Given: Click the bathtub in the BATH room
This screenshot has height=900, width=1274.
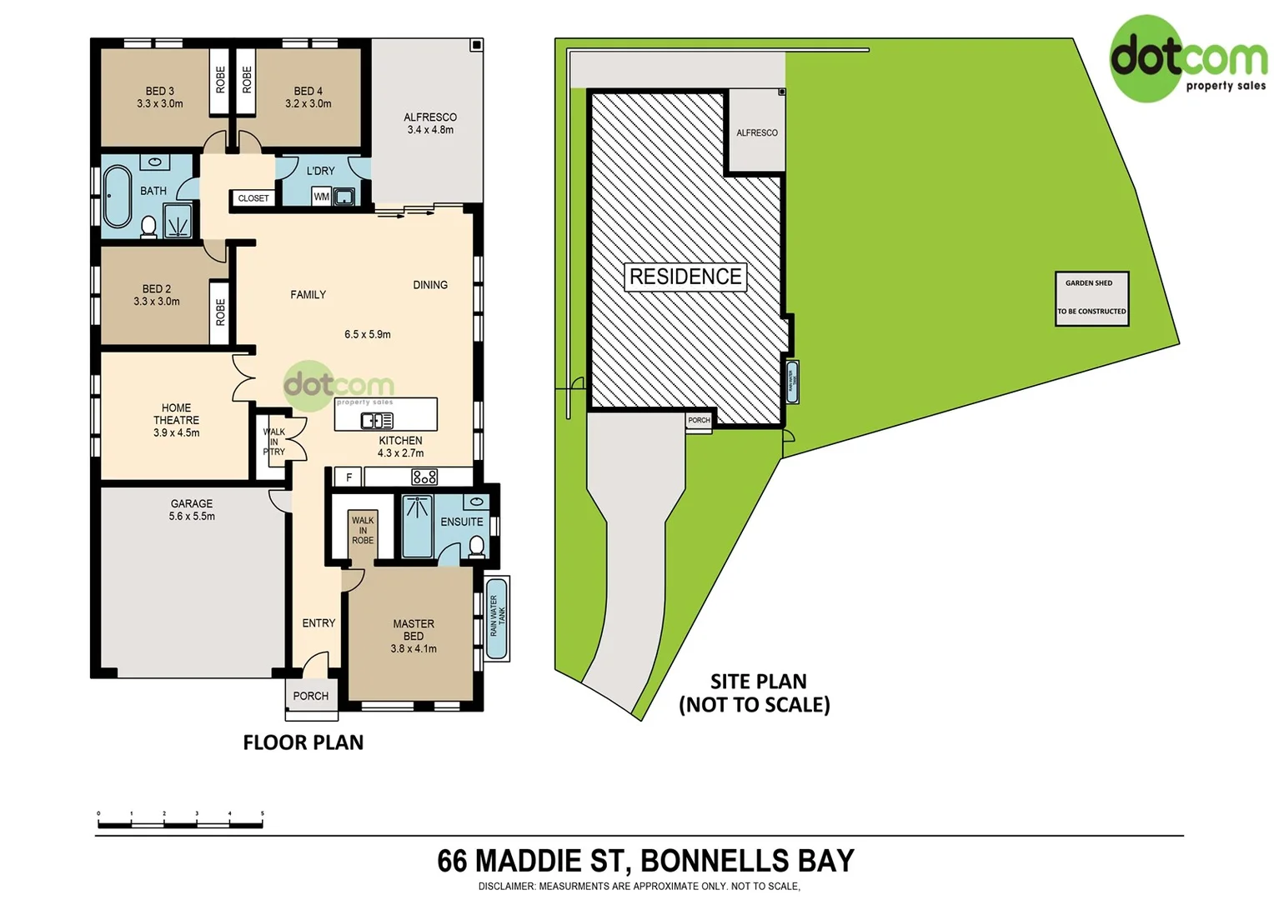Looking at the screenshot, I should tap(117, 197).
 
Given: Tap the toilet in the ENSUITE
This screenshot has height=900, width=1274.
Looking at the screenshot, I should tap(476, 546).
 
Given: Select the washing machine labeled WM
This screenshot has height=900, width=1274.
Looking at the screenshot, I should tap(321, 197).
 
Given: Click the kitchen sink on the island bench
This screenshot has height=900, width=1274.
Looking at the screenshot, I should tap(376, 421).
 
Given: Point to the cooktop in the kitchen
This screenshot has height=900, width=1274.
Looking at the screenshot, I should tap(424, 477).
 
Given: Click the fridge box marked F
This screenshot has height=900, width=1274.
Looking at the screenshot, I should tap(349, 477).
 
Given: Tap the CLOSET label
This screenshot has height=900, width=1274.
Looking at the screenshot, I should tap(253, 198).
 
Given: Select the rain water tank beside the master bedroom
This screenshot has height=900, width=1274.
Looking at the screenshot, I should tap(497, 617).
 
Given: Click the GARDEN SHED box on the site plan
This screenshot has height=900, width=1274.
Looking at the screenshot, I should tap(1091, 297).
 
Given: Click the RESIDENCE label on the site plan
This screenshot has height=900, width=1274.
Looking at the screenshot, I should tap(685, 277).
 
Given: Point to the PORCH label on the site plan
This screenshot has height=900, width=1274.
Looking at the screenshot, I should tap(699, 421).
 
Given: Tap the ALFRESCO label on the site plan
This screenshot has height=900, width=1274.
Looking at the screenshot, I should tap(756, 132).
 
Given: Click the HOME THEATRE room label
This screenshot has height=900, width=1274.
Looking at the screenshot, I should tap(176, 420).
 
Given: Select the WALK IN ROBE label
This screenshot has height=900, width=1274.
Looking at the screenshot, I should tap(363, 531).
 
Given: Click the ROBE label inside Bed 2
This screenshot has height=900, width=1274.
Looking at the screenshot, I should tap(220, 312).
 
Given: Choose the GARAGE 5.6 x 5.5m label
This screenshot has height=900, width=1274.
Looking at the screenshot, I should tap(192, 510).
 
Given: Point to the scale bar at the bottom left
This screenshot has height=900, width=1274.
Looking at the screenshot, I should tap(180, 823).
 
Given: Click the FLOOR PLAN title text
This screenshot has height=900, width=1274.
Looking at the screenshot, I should tap(303, 742).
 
